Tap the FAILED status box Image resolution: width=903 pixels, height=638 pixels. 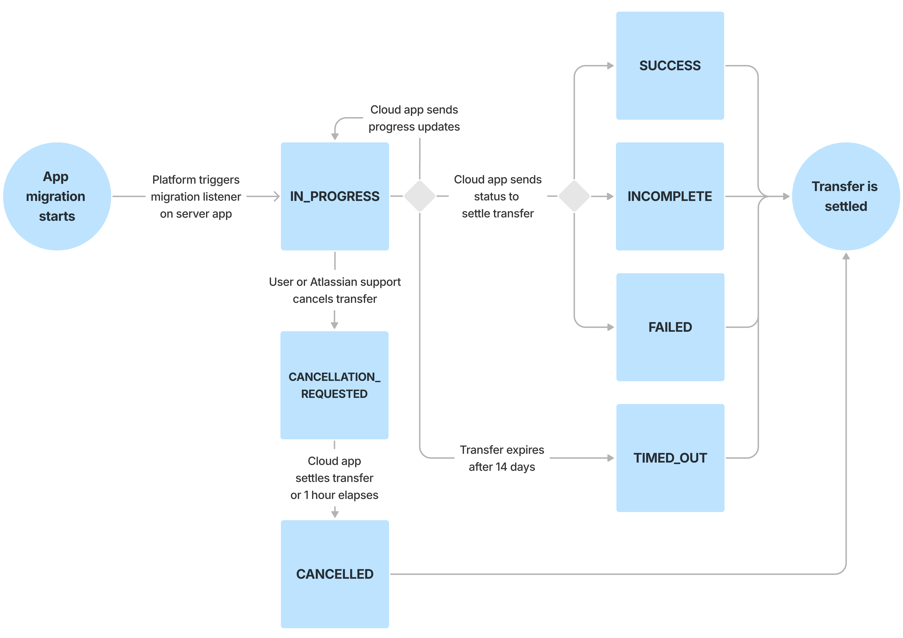(x=670, y=327)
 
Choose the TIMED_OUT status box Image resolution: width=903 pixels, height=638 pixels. (x=670, y=458)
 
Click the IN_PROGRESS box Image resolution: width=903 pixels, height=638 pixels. (x=335, y=196)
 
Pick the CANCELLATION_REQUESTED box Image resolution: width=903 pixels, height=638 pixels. (x=334, y=385)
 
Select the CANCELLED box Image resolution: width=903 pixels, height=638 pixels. (x=335, y=574)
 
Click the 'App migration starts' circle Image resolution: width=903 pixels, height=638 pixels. (x=57, y=196)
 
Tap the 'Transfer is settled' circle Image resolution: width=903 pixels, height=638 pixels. (x=846, y=196)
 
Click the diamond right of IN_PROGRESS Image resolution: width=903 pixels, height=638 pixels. (x=420, y=196)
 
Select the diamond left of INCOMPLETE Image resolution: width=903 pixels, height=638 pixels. (x=574, y=196)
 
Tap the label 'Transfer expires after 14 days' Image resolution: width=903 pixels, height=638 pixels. (x=502, y=458)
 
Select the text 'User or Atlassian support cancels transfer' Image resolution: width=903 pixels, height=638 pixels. (x=335, y=290)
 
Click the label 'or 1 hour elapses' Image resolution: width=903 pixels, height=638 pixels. (x=334, y=495)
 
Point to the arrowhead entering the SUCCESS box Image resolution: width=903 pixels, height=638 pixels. (x=611, y=66)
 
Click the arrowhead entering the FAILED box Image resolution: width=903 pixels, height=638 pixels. (x=611, y=327)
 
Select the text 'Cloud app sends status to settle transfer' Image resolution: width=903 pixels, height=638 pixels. (x=498, y=196)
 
